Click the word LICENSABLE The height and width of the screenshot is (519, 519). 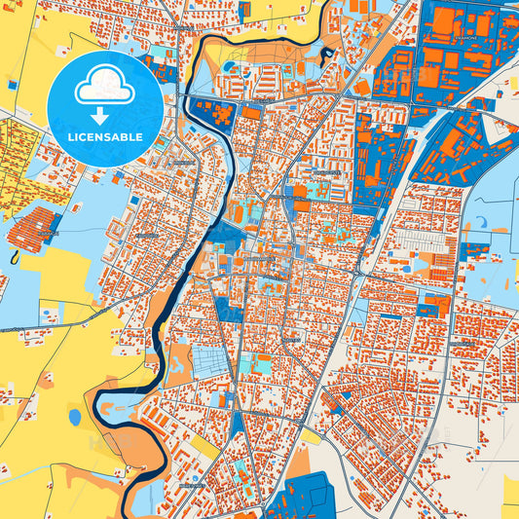click(x=105, y=137)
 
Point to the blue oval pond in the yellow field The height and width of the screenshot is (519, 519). click(x=75, y=417)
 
